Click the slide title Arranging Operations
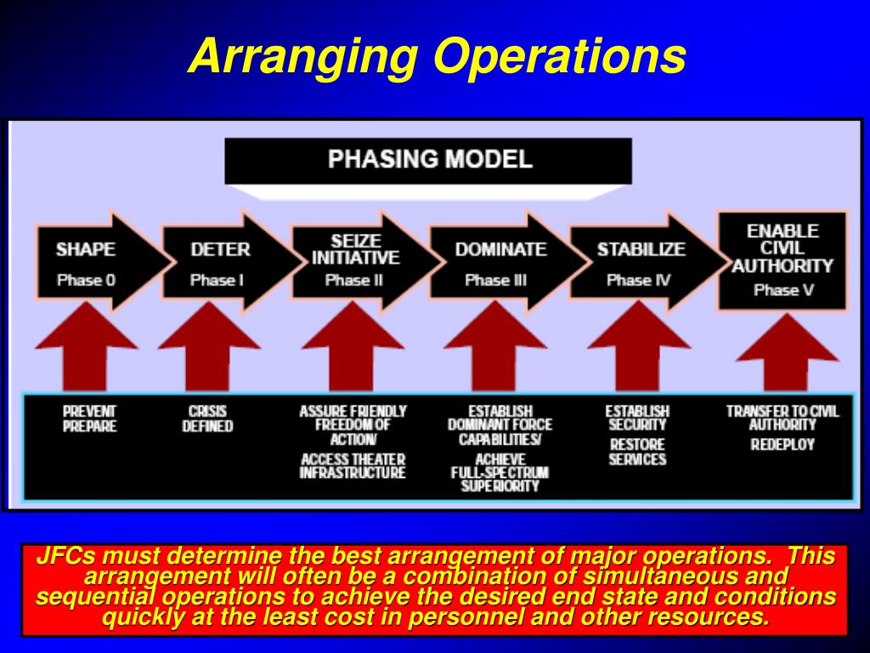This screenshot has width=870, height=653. tap(437, 56)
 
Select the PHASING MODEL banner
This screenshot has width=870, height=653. tap(429, 160)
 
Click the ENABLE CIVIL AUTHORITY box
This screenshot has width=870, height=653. tap(782, 260)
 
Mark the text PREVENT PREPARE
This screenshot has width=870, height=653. tap(89, 419)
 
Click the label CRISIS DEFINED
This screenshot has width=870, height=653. tap(207, 419)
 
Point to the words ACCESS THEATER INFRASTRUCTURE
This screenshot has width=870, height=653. tap(353, 466)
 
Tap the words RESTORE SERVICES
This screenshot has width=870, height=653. tap(637, 451)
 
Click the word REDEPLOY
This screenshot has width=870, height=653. tap(782, 445)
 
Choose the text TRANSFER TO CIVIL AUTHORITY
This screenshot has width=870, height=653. tap(782, 417)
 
